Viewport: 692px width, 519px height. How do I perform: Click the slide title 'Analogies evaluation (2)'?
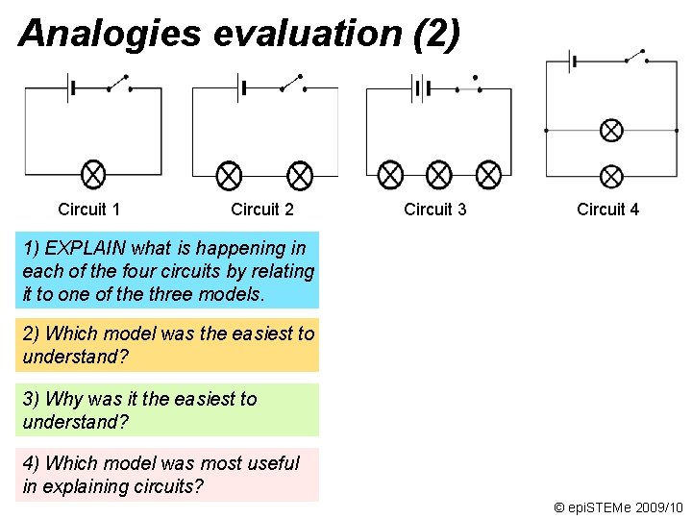click(239, 33)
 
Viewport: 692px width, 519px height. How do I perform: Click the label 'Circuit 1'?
click(88, 210)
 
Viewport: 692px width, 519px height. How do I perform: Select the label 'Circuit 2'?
click(261, 210)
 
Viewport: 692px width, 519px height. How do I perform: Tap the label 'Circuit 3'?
click(434, 210)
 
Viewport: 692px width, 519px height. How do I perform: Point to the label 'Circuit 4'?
click(607, 210)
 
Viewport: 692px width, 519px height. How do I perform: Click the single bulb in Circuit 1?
click(93, 175)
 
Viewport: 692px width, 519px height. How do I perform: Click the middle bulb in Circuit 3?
click(439, 175)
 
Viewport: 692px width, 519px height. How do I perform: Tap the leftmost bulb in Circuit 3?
click(390, 175)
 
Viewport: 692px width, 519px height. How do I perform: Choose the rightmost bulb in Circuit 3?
click(489, 175)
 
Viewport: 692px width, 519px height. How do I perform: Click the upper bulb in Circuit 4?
click(611, 130)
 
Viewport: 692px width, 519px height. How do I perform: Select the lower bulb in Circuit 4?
click(611, 176)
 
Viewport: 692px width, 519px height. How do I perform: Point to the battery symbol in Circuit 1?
click(70, 88)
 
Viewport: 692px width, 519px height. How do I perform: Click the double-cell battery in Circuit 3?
click(419, 88)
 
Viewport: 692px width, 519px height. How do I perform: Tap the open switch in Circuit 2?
click(291, 84)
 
